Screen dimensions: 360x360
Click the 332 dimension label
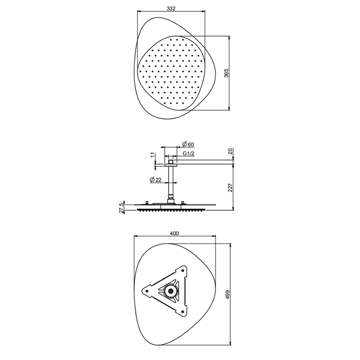coord(171,9)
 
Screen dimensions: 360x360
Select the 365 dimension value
coord(226,73)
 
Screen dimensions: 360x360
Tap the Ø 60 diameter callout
coord(188,144)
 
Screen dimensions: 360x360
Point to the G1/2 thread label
coord(189,153)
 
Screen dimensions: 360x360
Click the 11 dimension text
coord(153,155)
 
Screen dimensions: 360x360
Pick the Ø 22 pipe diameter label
coord(156,180)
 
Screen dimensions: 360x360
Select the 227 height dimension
coord(230,187)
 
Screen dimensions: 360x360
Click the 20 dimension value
coord(230,151)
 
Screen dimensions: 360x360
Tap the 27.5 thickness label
coord(121,207)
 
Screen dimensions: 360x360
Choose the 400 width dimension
coord(174,233)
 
